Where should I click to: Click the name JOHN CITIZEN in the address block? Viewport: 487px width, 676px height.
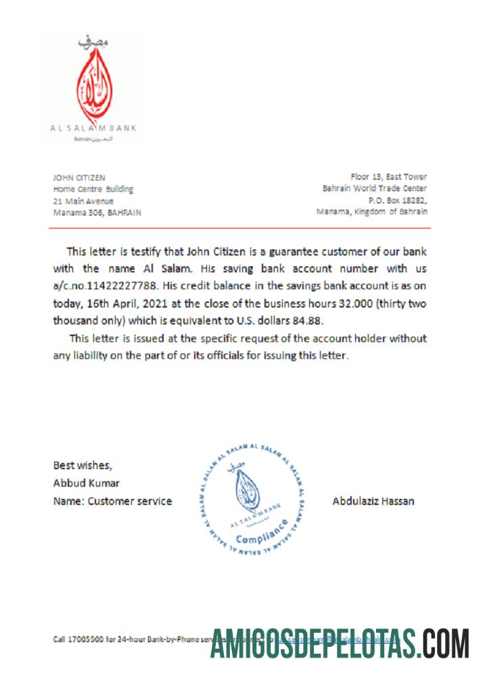pyautogui.click(x=79, y=177)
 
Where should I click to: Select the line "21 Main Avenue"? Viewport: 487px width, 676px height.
pyautogui.click(x=83, y=201)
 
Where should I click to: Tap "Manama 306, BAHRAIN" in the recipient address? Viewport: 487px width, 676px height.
pyautogui.click(x=97, y=212)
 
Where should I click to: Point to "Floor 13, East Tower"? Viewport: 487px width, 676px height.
pyautogui.click(x=389, y=177)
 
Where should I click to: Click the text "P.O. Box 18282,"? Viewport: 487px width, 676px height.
pyautogui.click(x=398, y=200)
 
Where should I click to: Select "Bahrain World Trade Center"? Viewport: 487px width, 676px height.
pyautogui.click(x=375, y=189)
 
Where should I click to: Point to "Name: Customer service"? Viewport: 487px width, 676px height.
pyautogui.click(x=112, y=502)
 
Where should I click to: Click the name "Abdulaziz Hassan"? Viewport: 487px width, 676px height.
pyautogui.click(x=373, y=502)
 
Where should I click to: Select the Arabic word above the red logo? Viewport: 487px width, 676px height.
pyautogui.click(x=93, y=42)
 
